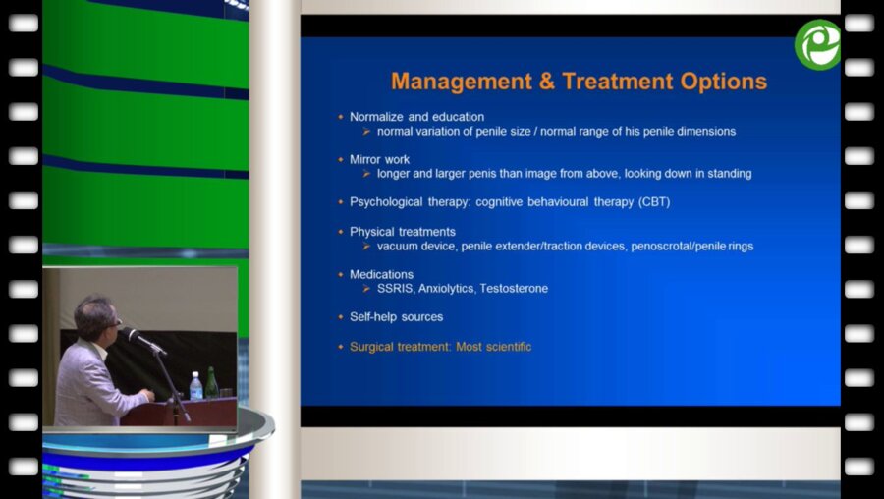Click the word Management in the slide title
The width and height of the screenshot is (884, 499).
pyautogui.click(x=462, y=82)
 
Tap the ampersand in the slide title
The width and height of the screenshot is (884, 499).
pyautogui.click(x=547, y=82)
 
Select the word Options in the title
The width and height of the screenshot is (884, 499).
pyautogui.click(x=723, y=82)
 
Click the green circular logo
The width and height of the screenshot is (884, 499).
pyautogui.click(x=817, y=44)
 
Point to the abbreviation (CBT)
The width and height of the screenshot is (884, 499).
pyautogui.click(x=654, y=201)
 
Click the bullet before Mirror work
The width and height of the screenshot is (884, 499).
pyautogui.click(x=341, y=159)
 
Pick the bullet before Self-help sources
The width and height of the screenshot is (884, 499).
pyautogui.click(x=341, y=317)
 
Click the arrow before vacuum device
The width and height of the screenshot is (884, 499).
pyautogui.click(x=366, y=246)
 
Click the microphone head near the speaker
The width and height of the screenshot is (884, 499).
pyautogui.click(x=131, y=334)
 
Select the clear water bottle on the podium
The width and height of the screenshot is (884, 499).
pyautogui.click(x=195, y=386)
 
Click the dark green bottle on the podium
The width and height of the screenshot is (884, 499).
pyautogui.click(x=211, y=383)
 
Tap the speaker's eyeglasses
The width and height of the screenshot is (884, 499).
pyautogui.click(x=116, y=322)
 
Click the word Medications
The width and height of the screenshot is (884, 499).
pyautogui.click(x=382, y=275)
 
